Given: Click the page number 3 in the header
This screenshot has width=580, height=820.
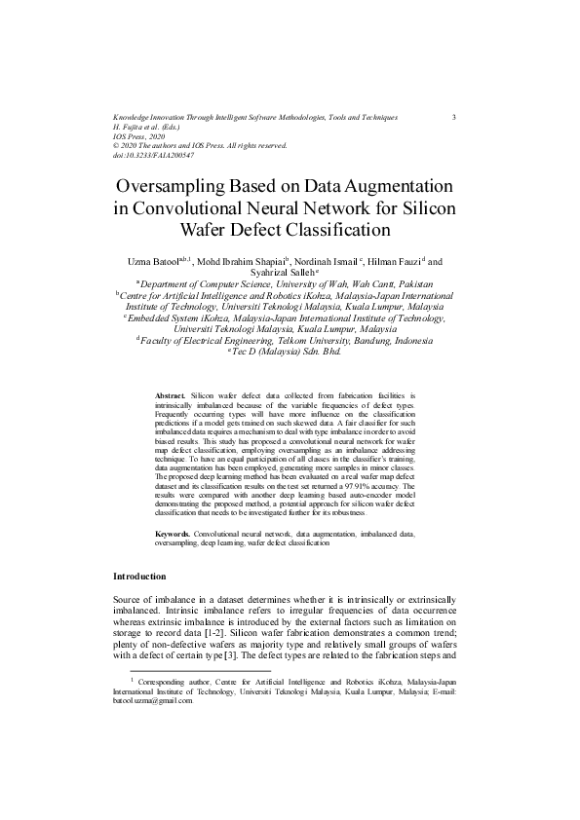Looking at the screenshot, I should (455, 117).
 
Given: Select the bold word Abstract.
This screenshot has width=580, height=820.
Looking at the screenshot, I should (171, 396).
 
